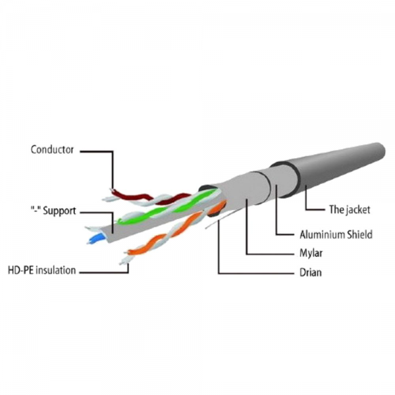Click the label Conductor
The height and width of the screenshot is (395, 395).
(52, 149)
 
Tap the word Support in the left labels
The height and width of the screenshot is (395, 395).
(59, 211)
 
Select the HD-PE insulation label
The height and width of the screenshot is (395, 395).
(42, 271)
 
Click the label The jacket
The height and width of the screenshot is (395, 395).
(350, 209)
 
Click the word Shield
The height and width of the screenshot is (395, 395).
(359, 234)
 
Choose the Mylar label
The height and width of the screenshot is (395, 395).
(311, 253)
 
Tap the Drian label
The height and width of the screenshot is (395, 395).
(310, 273)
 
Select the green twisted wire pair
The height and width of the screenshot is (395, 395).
(167, 207)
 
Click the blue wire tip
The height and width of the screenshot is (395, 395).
(96, 239)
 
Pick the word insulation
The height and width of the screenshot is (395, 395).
(56, 271)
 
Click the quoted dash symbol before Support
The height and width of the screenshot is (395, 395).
(36, 209)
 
